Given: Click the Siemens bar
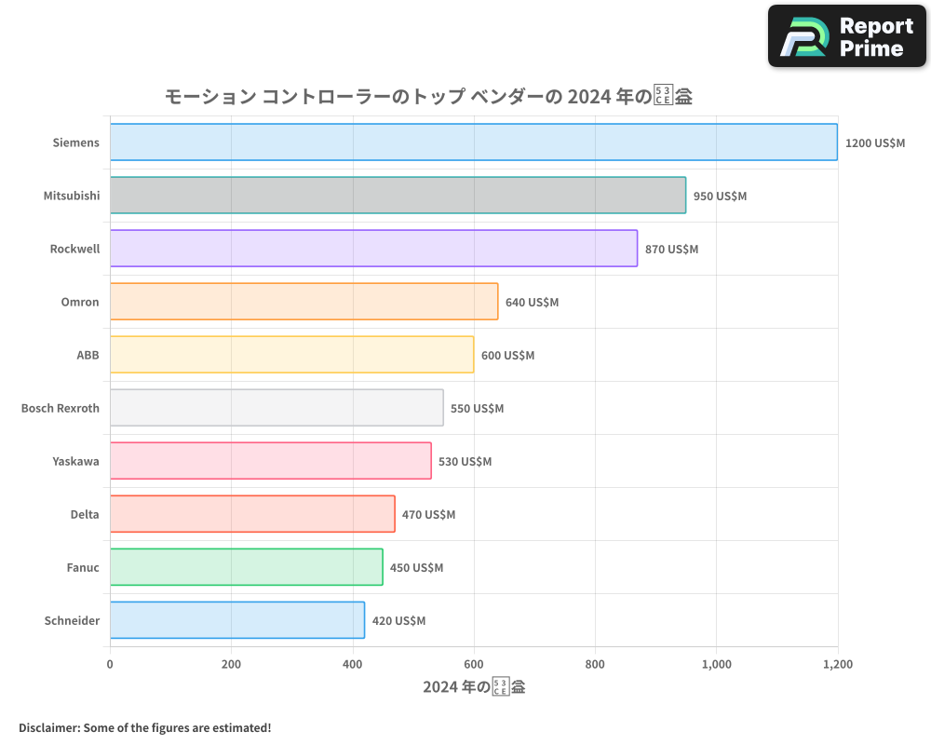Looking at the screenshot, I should (x=473, y=142).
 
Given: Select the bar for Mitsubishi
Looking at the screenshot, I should (x=398, y=196).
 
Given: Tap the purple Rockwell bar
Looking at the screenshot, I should (x=373, y=249).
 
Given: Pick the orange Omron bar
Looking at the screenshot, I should (x=304, y=302).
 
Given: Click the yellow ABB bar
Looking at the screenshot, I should (x=291, y=355).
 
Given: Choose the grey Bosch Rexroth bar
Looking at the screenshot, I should (x=277, y=408).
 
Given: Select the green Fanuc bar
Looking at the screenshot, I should (x=246, y=567).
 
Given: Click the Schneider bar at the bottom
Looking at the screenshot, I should (x=236, y=620).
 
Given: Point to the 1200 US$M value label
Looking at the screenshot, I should (x=875, y=143).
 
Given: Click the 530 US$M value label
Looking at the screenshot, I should (x=465, y=462).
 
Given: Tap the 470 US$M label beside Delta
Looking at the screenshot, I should (x=428, y=515).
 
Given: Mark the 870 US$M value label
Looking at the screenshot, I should (x=671, y=250).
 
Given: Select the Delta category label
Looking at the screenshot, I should (x=85, y=514).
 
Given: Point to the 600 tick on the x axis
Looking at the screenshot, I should (x=474, y=665).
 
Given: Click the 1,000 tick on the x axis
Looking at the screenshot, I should (x=716, y=665).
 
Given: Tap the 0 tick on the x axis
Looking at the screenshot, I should (x=110, y=665).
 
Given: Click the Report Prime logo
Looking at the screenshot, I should (x=847, y=36).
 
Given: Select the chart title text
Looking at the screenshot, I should (x=428, y=97).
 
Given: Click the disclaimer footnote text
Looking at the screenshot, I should (x=144, y=727).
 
